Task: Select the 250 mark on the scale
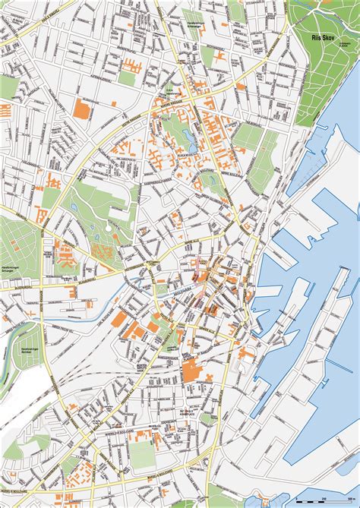click(324, 498)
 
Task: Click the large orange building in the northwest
click(83, 109)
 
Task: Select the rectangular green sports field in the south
click(141, 453)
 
